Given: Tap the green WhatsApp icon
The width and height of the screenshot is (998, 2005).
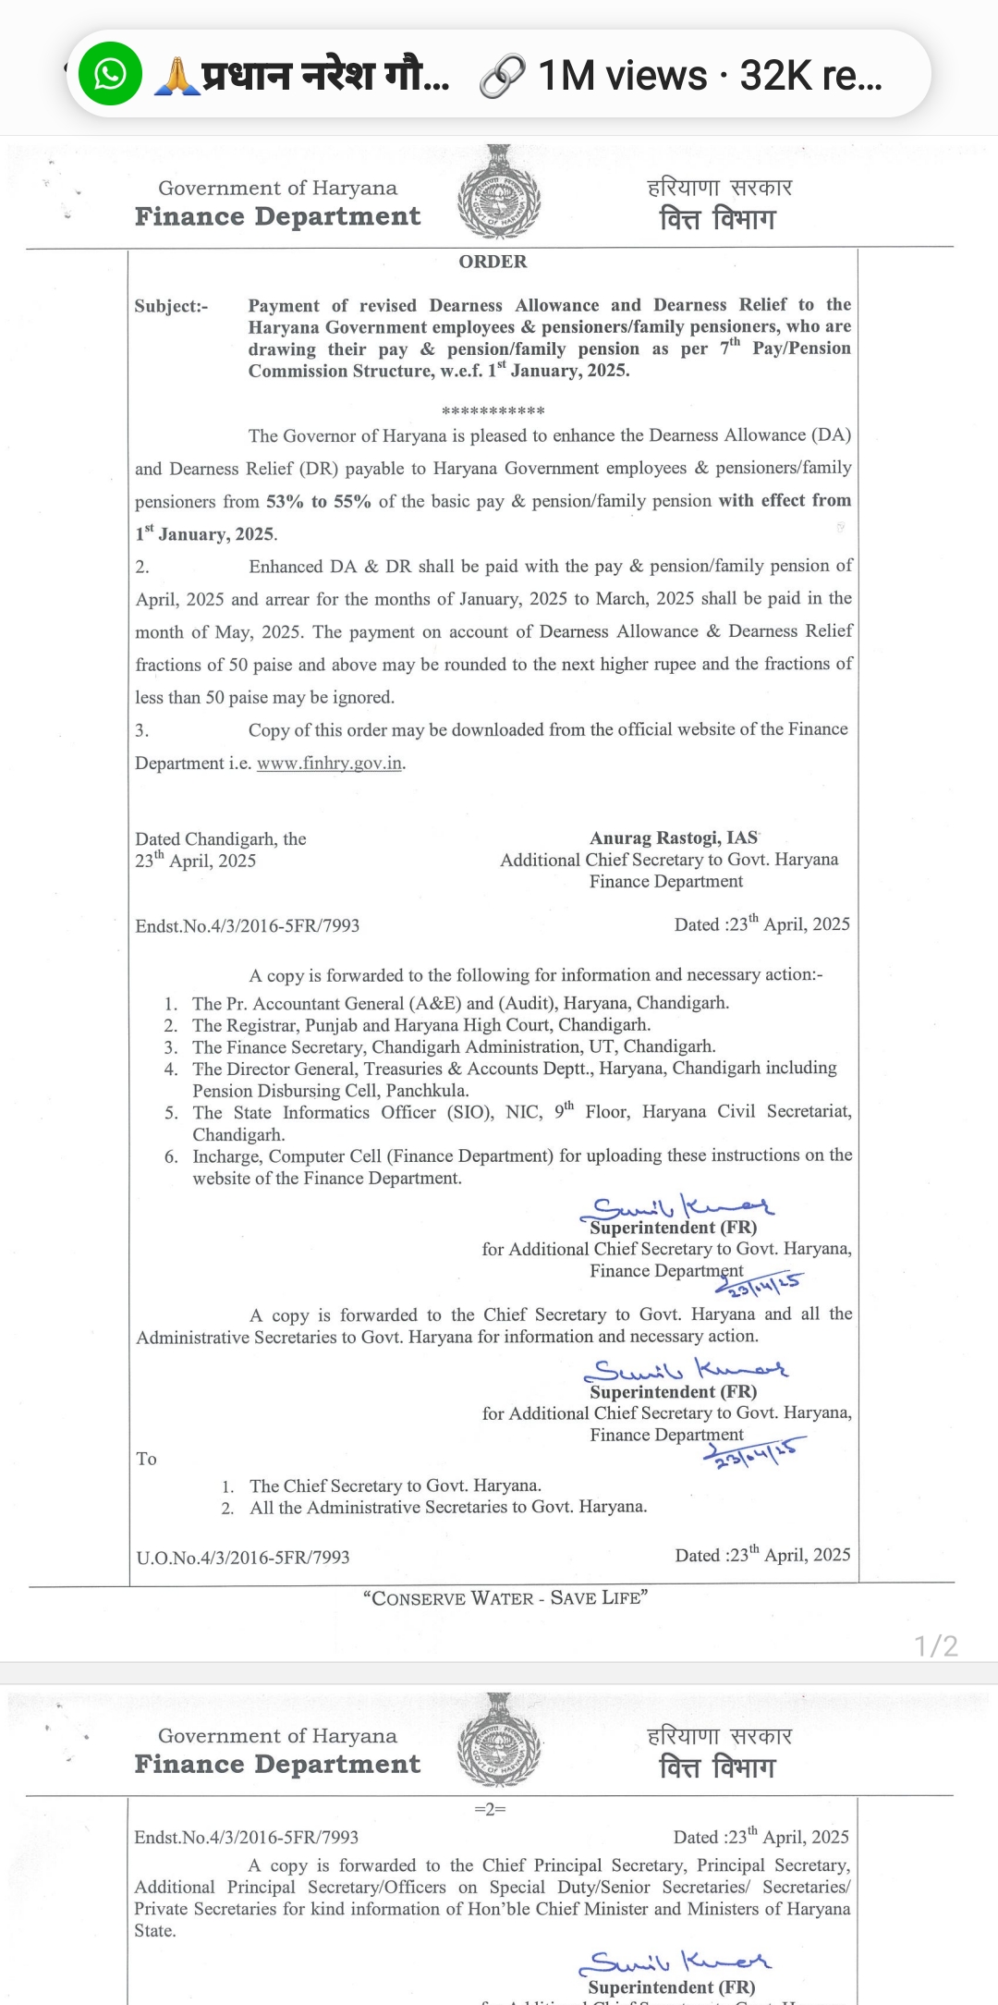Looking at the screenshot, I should pos(110,74).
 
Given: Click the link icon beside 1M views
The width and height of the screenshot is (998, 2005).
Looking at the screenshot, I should pos(503,76).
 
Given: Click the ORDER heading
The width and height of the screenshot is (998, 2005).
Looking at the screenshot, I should pos(493,262).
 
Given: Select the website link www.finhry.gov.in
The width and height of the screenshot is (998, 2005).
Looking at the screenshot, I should pos(329,764).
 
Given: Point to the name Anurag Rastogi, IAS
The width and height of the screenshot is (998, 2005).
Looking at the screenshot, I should pos(674,837).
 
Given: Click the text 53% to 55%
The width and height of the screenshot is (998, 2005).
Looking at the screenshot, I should pos(319,501).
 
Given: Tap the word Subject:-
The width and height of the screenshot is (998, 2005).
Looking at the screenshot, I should pos(171,306).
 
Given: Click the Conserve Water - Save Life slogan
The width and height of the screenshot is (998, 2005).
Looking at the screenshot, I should pos(505,1597).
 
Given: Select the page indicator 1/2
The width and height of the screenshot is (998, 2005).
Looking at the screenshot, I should pos(936,1645).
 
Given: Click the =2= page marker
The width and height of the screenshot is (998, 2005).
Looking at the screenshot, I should pos(490,1809).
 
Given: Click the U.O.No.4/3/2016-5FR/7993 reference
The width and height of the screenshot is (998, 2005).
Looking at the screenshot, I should pos(243,1558).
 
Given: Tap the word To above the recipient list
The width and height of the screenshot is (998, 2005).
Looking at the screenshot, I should pos(146,1459).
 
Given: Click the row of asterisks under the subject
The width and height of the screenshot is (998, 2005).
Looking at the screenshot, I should pos(493,410).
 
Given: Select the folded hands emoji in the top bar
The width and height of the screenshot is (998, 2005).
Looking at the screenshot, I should pos(176,76).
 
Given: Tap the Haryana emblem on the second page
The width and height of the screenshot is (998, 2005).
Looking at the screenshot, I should pos(499,1741).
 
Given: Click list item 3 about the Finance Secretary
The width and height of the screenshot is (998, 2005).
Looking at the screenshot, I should pos(453,1046).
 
